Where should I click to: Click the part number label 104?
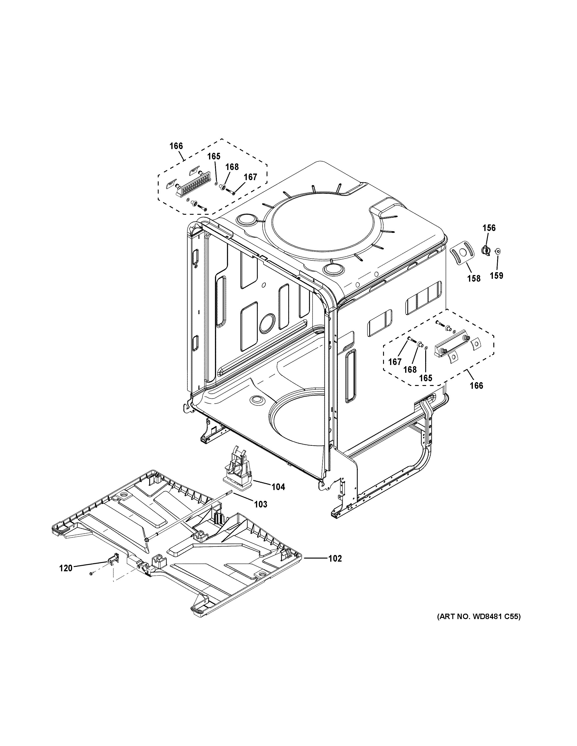[278, 487]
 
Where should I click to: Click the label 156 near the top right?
[489, 228]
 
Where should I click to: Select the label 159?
[496, 275]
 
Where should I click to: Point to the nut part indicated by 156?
[485, 251]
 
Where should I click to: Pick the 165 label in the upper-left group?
[214, 156]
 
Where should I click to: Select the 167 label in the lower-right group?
[395, 361]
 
